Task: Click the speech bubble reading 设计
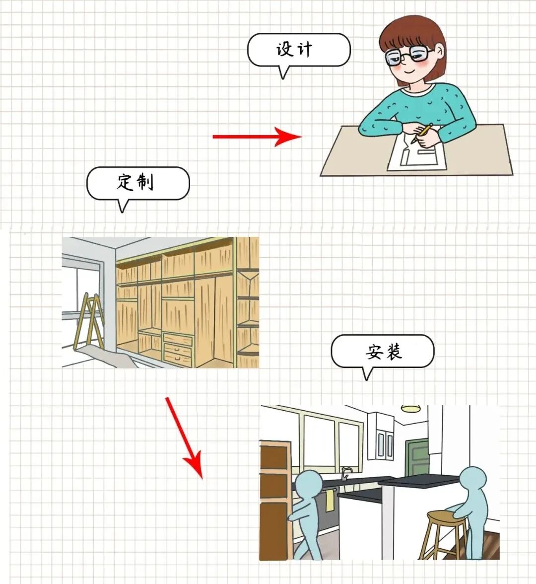(299, 50)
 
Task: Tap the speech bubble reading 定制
(138, 183)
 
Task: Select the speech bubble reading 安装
(382, 351)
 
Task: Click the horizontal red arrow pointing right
(257, 137)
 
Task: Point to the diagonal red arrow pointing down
(184, 438)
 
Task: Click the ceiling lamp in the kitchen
(410, 409)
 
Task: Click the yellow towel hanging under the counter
(330, 501)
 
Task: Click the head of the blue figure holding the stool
(472, 480)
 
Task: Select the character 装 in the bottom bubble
(393, 351)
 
